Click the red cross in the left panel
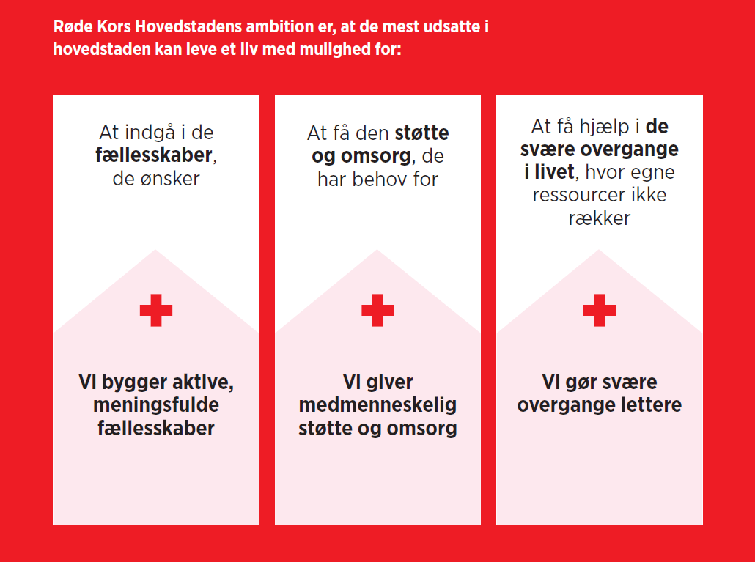coord(156,311)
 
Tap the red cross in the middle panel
coord(377,311)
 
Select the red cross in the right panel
coord(600,311)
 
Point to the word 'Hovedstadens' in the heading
coord(188,26)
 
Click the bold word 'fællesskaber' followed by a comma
coord(154,155)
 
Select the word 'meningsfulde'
coord(156,405)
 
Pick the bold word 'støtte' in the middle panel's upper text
coord(421,133)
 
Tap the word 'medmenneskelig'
coord(377,405)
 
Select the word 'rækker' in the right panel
coord(600,218)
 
